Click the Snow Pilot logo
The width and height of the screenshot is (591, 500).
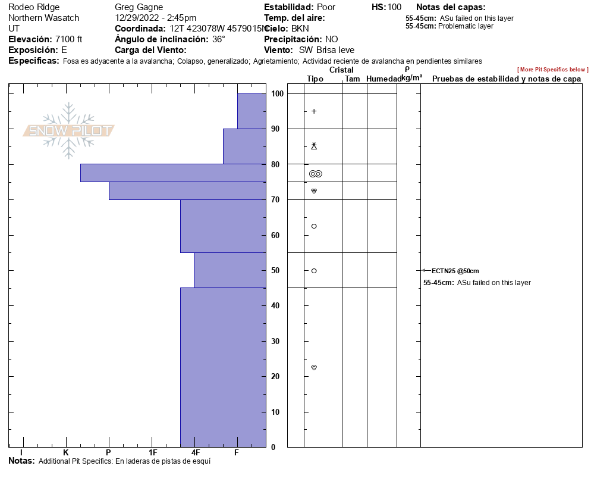tap(68, 130)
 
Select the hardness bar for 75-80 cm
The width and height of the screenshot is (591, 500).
tap(173, 173)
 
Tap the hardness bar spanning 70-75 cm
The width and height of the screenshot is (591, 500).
tap(187, 190)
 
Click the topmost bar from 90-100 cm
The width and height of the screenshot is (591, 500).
tap(252, 111)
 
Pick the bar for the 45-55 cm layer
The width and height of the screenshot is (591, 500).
tap(230, 270)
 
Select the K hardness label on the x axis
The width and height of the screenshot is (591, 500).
tap(66, 452)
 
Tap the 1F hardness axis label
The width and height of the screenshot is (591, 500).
tap(153, 452)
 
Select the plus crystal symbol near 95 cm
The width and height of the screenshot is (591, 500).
tap(314, 111)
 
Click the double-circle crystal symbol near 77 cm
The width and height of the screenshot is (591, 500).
tap(315, 174)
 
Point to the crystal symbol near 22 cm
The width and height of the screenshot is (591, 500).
tap(314, 368)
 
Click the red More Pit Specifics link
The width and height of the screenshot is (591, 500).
tap(552, 70)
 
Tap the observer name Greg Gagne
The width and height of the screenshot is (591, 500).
tap(139, 7)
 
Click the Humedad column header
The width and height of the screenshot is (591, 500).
tap(383, 79)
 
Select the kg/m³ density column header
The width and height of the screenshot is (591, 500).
tap(411, 77)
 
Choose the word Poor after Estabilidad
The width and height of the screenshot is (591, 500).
tap(326, 7)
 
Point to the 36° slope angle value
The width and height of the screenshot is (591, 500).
tap(219, 39)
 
